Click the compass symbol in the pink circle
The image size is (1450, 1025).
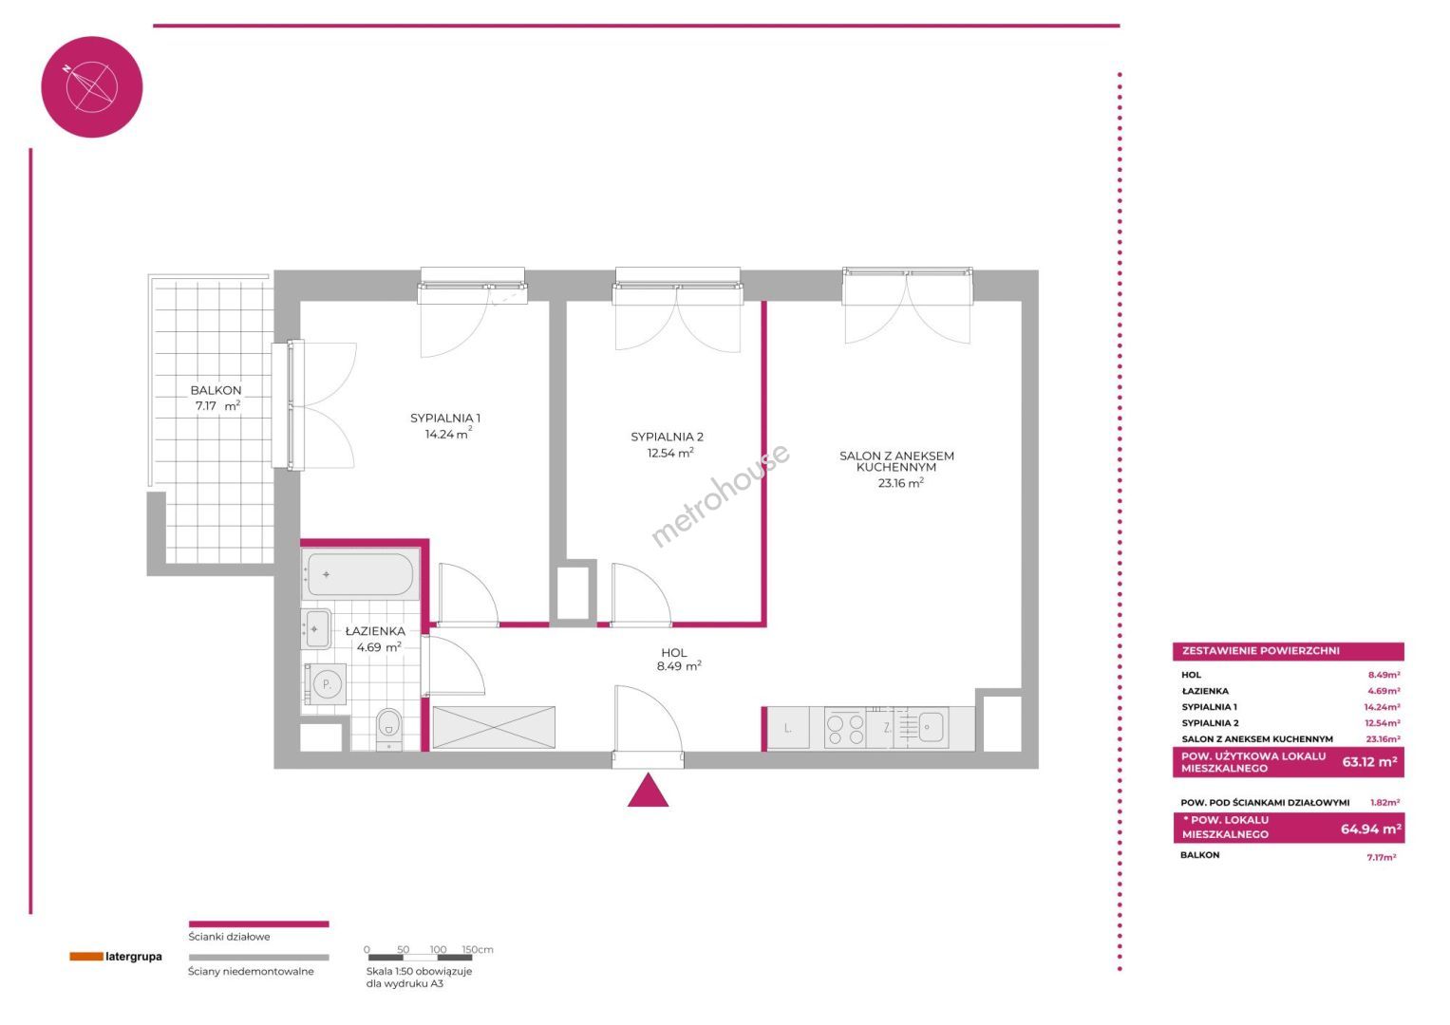[91, 86]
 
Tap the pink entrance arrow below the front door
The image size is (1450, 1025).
[648, 792]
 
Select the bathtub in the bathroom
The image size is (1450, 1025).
[360, 574]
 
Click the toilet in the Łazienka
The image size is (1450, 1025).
[388, 729]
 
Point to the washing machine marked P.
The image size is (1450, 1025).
[326, 685]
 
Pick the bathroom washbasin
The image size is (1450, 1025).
[316, 628]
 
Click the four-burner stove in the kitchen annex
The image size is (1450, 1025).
[846, 729]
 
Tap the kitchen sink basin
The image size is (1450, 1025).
[932, 727]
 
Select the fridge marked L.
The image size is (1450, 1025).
[788, 728]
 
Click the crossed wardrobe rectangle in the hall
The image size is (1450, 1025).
[493, 727]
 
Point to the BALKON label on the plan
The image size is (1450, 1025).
[216, 390]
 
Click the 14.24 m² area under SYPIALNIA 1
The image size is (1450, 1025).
[448, 434]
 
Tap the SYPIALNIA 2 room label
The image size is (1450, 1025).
[667, 437]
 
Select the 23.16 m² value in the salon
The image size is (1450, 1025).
[900, 483]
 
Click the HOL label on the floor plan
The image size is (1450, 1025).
[674, 653]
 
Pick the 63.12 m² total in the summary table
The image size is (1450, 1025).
[1369, 761]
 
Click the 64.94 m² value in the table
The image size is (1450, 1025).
[1371, 829]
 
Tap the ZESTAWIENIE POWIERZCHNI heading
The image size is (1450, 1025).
[1260, 651]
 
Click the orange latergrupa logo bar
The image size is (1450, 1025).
[86, 957]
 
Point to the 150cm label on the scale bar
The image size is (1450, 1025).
[478, 949]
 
